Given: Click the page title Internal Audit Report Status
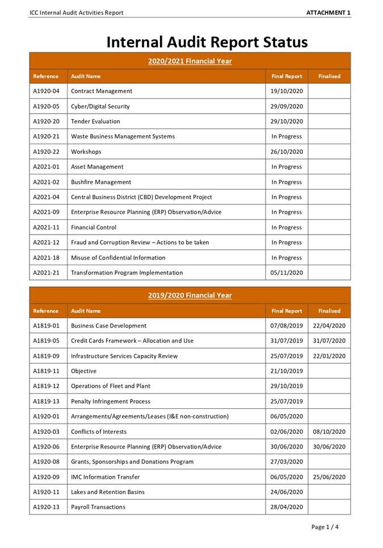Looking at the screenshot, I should click(207, 42).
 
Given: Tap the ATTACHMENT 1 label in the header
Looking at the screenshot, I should click(329, 12).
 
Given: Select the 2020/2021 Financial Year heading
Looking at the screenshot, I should click(190, 61).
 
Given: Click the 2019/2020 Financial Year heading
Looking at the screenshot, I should click(190, 295).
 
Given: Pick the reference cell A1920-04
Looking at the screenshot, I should click(46, 91).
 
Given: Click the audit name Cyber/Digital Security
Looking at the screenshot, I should click(100, 106).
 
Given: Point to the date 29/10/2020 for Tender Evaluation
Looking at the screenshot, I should click(287, 122).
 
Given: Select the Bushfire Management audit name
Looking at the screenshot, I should click(100, 182).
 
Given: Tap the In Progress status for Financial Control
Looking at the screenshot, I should click(287, 228).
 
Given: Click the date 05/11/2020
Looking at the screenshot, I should click(287, 273).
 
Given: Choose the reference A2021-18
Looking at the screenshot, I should click(46, 258).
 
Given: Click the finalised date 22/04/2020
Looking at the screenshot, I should click(329, 326).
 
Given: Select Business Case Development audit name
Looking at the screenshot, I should click(108, 326).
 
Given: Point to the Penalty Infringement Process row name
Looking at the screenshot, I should click(111, 401).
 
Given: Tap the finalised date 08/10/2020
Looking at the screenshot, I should click(329, 432).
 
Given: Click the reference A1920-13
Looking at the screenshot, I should click(46, 507).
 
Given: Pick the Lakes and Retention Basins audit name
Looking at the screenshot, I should click(107, 492).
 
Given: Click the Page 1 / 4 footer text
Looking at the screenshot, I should click(325, 527).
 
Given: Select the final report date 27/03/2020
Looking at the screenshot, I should click(287, 462).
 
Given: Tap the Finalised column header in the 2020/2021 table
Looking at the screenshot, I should click(329, 76).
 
